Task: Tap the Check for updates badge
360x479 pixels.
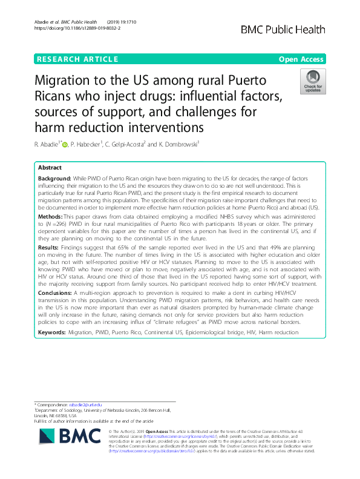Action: (x=313, y=82)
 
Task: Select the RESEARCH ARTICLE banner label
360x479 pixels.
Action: (x=77, y=59)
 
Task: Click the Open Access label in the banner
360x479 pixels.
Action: (x=301, y=59)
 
